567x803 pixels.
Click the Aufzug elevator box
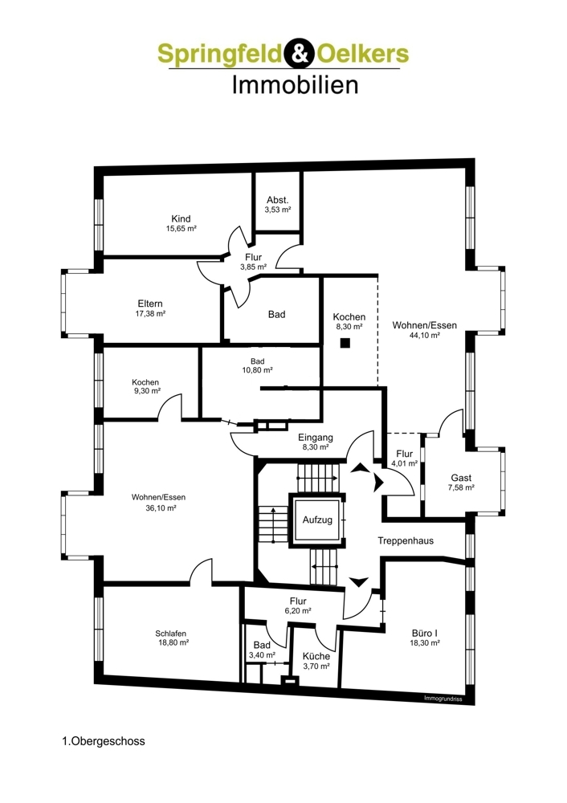317,520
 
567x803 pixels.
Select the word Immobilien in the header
295,84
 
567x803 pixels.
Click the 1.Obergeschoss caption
104,741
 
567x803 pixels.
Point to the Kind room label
181,219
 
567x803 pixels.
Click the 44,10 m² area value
425,336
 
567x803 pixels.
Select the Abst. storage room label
278,200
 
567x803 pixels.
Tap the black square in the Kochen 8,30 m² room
345,343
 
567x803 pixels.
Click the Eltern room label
150,304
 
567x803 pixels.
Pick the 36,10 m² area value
161,508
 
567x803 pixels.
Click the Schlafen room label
170,634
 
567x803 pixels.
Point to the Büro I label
425,634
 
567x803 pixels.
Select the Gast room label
461,478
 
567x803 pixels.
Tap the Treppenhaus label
406,540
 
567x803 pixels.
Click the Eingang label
316,438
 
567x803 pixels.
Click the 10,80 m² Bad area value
257,369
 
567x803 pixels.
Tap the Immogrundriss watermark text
443,698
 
